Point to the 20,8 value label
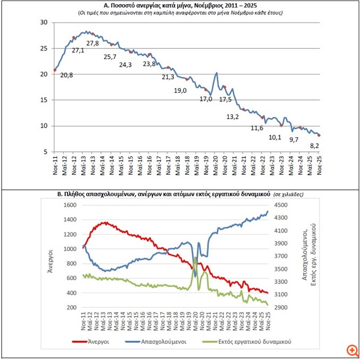pos(67,76)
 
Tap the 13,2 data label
pos(233,116)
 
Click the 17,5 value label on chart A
pos(225,99)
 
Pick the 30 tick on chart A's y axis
pos(44,22)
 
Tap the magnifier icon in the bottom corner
pos(351,350)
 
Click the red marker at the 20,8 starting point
pos(55,70)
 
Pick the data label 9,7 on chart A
pos(294,139)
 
